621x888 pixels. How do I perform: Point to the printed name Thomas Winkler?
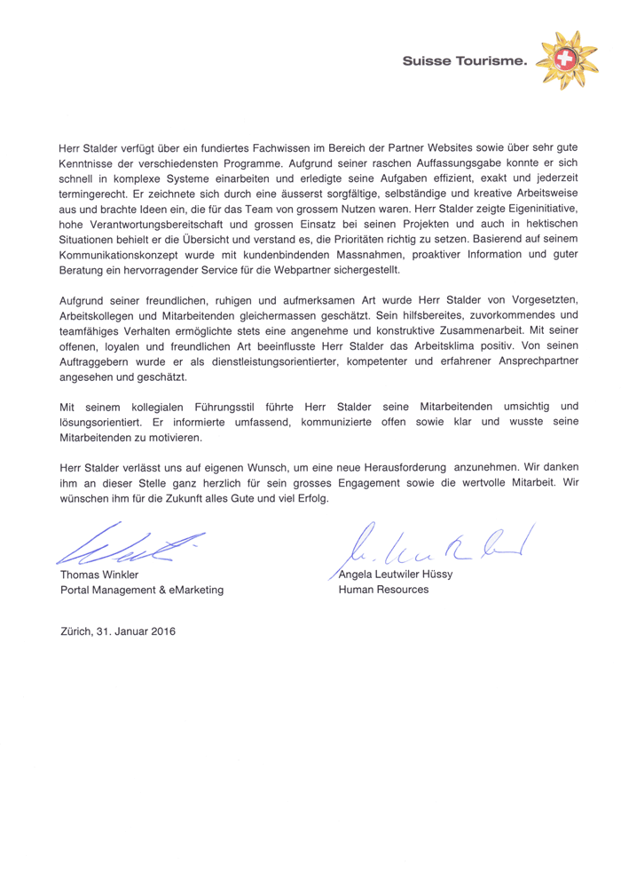click(x=99, y=574)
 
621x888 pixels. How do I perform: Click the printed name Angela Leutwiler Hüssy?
click(x=403, y=574)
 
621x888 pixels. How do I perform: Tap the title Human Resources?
click(x=384, y=589)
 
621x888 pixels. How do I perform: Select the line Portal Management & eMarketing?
click(x=142, y=589)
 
